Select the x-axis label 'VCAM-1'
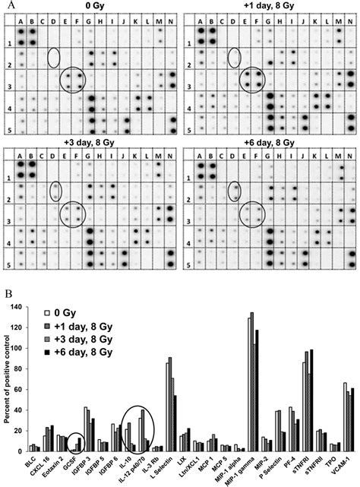(x=349, y=466)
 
